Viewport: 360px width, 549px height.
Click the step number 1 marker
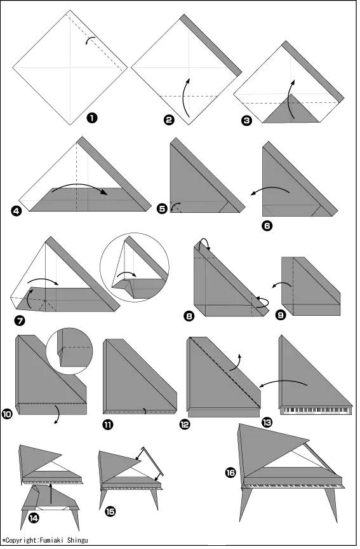click(92, 118)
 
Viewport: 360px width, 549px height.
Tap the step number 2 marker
click(169, 119)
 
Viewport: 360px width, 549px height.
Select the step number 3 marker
click(246, 121)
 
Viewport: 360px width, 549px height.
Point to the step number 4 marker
click(16, 211)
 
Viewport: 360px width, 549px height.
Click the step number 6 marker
click(267, 226)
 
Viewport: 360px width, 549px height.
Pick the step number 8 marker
click(189, 316)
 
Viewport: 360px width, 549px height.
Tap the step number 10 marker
click(7, 414)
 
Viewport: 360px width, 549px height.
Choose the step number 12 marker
click(184, 424)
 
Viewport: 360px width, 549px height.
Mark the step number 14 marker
click(34, 518)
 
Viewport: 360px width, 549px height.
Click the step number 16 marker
click(230, 473)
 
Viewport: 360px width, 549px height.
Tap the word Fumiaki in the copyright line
click(52, 540)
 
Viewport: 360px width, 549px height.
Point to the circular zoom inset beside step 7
click(135, 267)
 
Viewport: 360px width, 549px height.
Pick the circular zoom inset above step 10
click(69, 351)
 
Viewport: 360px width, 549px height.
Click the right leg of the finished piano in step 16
click(331, 504)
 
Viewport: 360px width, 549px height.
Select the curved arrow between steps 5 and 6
click(270, 190)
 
